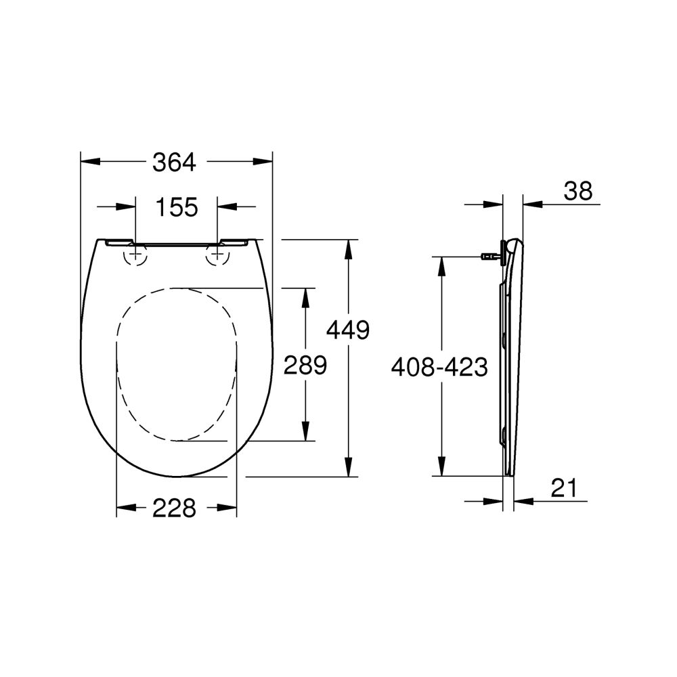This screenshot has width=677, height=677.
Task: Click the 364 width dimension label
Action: point(174,162)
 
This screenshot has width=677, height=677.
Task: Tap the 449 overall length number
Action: point(347,330)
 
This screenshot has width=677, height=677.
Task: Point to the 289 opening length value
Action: point(306,365)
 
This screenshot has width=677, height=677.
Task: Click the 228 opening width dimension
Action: point(174,507)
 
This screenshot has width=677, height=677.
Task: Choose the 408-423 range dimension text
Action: point(439,367)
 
